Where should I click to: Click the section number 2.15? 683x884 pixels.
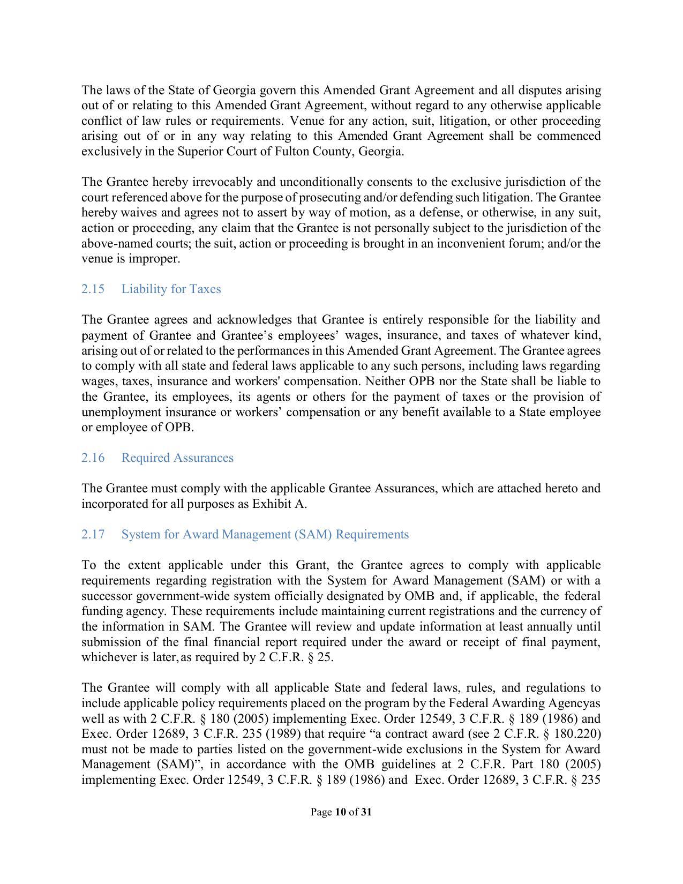tap(93, 289)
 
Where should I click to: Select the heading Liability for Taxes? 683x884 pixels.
tap(171, 289)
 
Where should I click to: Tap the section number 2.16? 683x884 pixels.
tap(93, 458)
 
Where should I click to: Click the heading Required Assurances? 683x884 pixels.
tap(177, 458)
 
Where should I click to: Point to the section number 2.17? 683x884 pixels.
tap(93, 535)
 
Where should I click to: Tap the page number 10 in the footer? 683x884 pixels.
tap(340, 812)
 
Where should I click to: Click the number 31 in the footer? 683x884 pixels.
tap(366, 812)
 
